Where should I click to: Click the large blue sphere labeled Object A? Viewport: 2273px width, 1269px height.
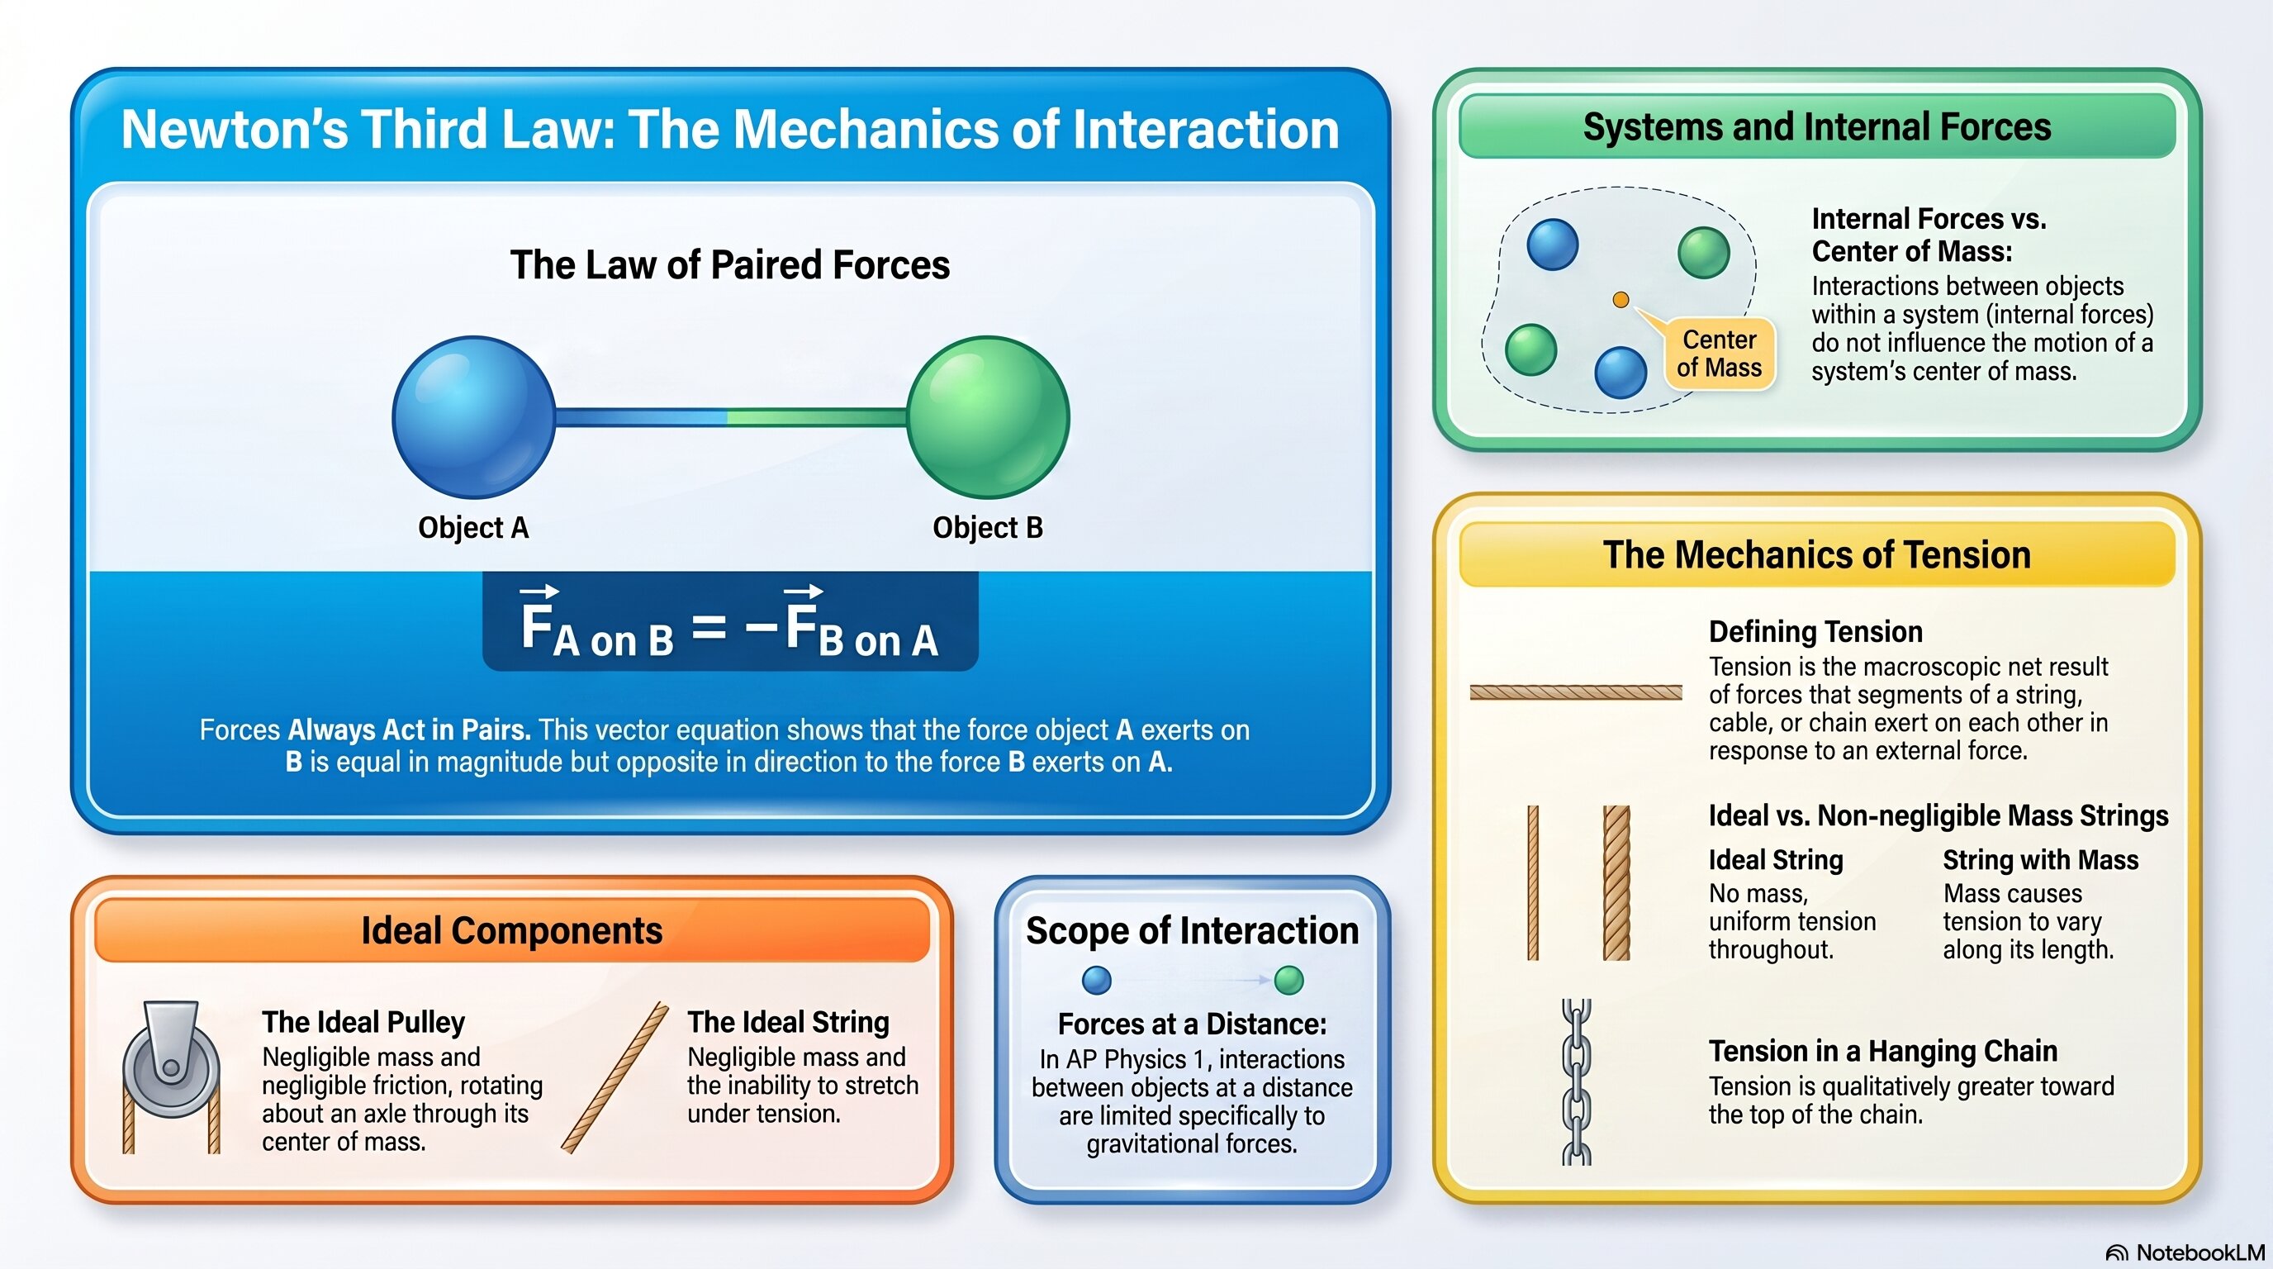[473, 417]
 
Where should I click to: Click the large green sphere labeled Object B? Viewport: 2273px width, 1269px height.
[989, 417]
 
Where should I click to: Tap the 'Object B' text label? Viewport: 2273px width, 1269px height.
[989, 528]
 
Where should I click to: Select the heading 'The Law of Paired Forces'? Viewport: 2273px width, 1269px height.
[730, 264]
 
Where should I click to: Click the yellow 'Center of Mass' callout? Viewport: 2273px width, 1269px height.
[1719, 354]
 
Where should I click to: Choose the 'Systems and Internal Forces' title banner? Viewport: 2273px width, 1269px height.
[1817, 127]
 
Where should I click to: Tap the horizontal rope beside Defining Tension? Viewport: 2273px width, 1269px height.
[1576, 692]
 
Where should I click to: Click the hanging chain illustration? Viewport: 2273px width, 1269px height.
[1577, 1082]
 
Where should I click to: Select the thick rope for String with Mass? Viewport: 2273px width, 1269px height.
[1616, 882]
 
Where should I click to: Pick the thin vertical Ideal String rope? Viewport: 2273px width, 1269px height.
[1533, 882]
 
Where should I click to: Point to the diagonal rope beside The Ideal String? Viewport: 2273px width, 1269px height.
[615, 1077]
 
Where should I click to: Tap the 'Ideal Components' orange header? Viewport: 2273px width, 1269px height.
[512, 930]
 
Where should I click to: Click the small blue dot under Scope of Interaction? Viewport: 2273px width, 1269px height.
[1096, 980]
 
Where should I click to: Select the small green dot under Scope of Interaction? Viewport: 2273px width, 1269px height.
[1289, 980]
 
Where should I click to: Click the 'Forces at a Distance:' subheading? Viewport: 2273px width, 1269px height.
[1192, 1024]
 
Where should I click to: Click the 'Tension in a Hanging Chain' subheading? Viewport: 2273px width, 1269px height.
[1883, 1051]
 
